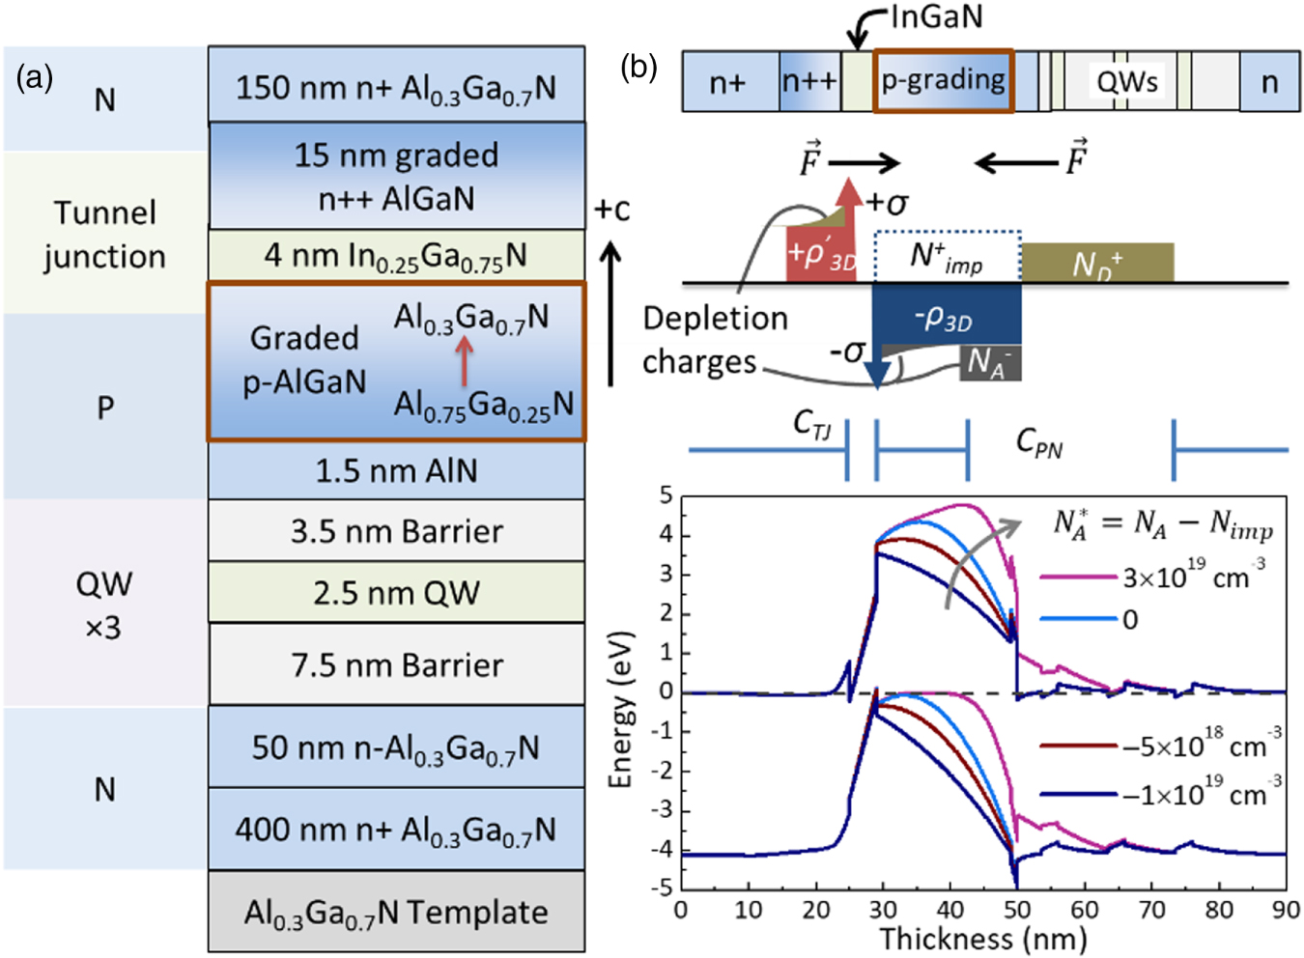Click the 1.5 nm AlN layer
(x=396, y=470)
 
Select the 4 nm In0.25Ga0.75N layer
(x=396, y=256)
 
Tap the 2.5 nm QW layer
(x=396, y=592)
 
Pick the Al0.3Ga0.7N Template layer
(x=396, y=913)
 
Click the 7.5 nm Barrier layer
(x=396, y=664)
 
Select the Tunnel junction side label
(x=104, y=234)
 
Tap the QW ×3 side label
(x=104, y=606)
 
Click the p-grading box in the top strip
(x=943, y=81)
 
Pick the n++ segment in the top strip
(x=809, y=81)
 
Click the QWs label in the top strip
(x=1126, y=81)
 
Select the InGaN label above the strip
(x=935, y=16)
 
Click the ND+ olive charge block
(x=1097, y=263)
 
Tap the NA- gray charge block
(x=990, y=363)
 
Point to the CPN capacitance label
(x=1039, y=443)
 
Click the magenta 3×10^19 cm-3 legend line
(x=1078, y=578)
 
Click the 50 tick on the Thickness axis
(x=1016, y=910)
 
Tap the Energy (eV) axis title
(x=620, y=710)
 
